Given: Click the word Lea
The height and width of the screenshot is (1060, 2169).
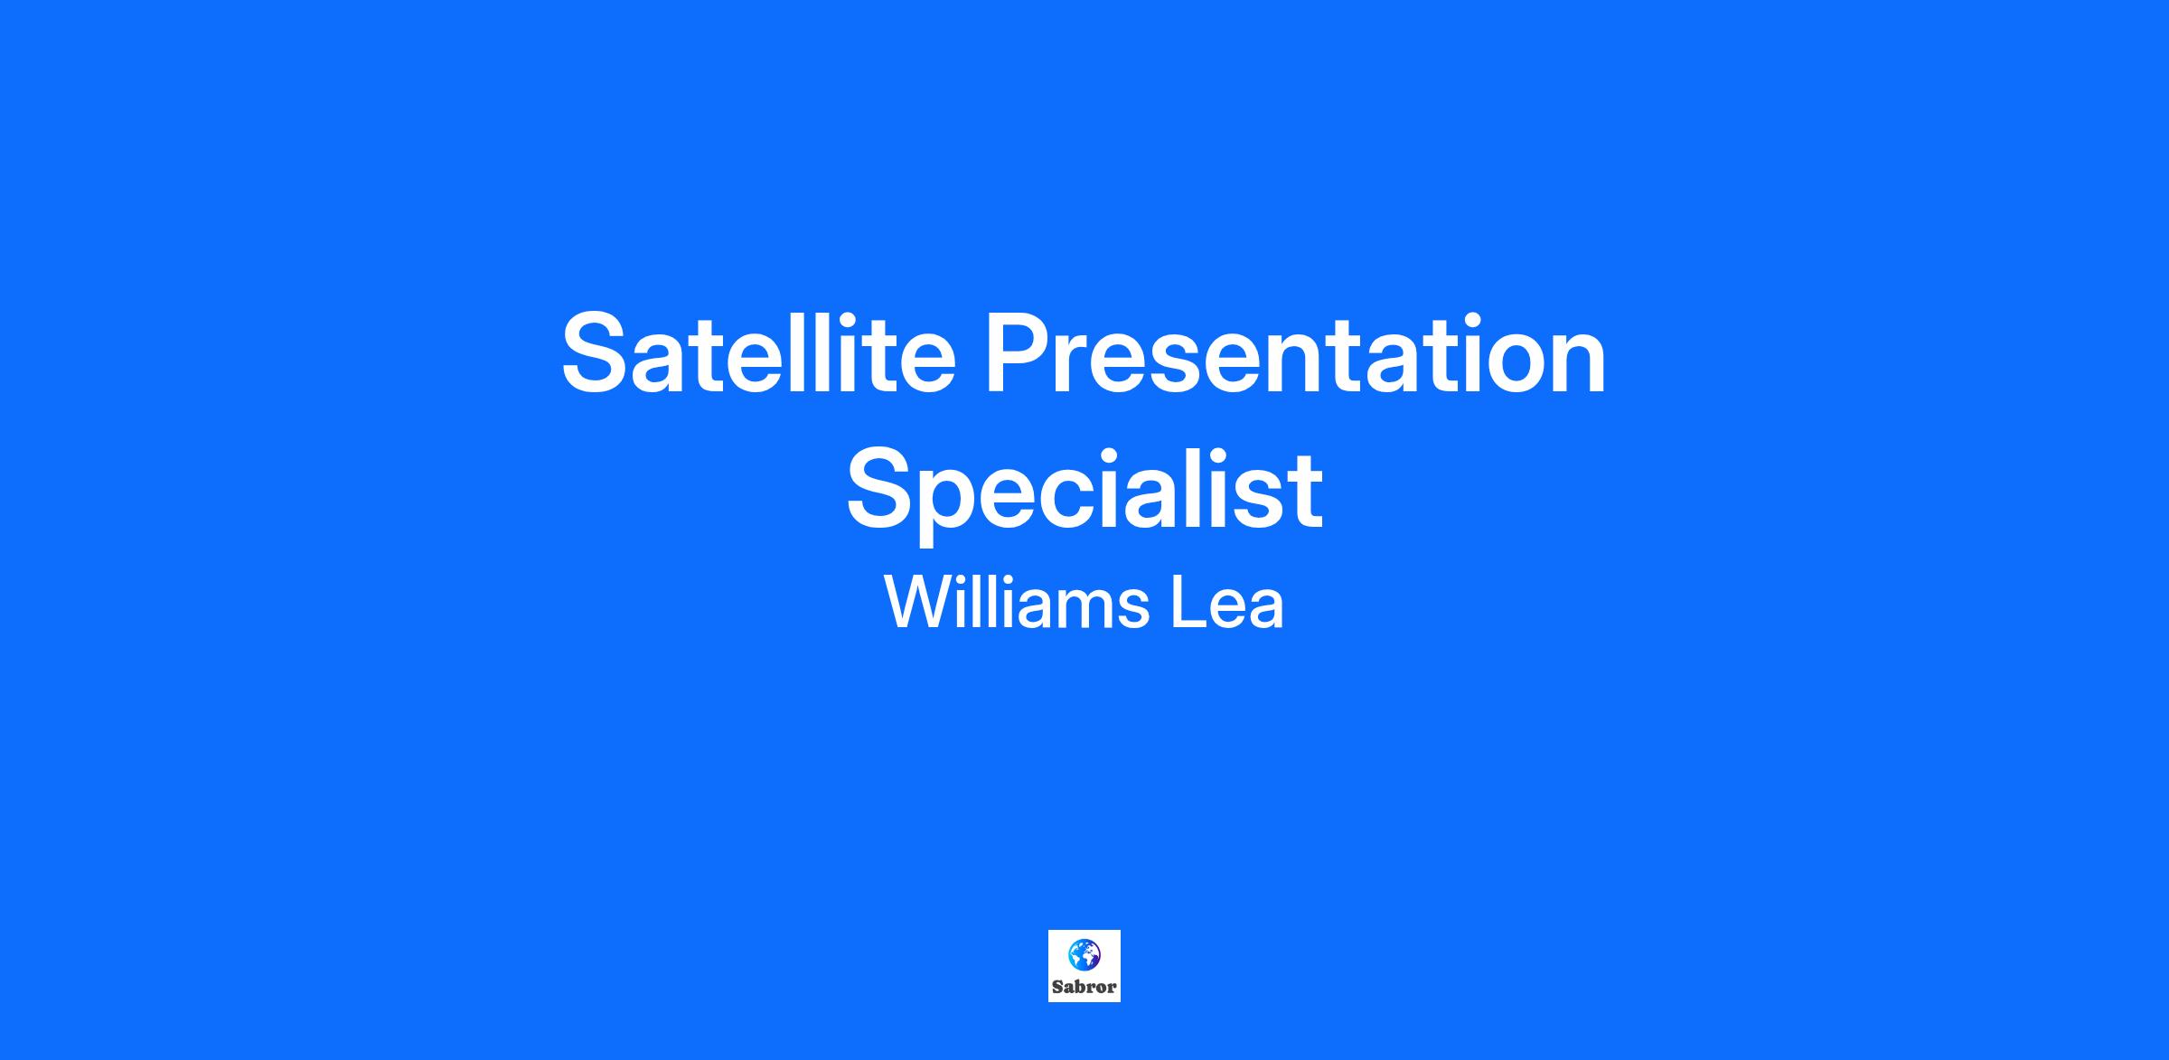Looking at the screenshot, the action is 1227,603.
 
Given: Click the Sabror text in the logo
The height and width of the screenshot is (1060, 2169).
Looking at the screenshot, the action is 1084,987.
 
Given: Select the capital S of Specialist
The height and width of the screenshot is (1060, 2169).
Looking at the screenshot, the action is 882,488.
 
